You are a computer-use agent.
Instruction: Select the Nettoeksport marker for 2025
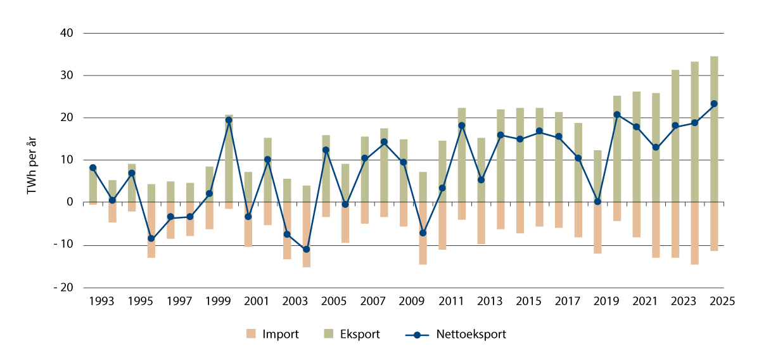pos(714,103)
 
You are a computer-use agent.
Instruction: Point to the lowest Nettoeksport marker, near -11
pos(306,249)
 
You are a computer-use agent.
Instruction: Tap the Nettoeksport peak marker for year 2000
pos(229,120)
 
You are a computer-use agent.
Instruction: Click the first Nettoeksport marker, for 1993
pos(93,168)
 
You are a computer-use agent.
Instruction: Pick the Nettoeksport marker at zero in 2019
pos(597,202)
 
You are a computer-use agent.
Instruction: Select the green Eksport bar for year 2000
pos(229,158)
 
